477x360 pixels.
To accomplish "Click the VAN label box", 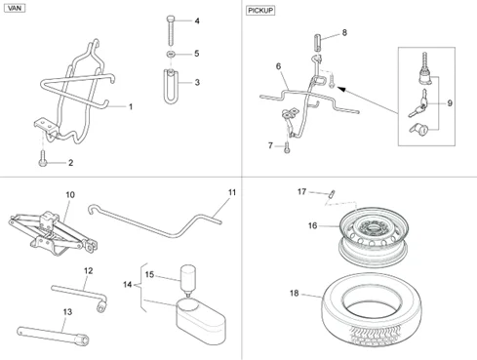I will pos(15,8).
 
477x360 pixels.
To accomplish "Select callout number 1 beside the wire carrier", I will pos(132,104).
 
